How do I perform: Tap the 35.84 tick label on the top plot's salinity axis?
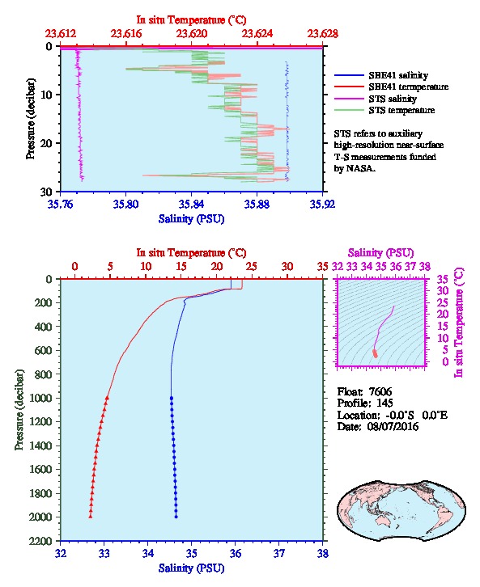click(x=192, y=204)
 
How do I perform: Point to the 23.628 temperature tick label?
click(x=323, y=34)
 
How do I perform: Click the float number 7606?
click(x=380, y=391)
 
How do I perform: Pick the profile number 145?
click(x=384, y=403)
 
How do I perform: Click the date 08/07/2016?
click(x=393, y=426)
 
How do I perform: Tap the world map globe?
click(x=401, y=510)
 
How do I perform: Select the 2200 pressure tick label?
click(x=42, y=541)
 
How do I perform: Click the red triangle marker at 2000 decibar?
click(x=91, y=517)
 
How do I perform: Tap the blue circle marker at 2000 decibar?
click(x=176, y=517)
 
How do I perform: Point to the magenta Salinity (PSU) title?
click(x=381, y=253)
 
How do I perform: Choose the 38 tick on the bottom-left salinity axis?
click(x=323, y=553)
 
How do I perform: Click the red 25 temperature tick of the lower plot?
click(x=252, y=266)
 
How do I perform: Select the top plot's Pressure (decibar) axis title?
click(x=30, y=119)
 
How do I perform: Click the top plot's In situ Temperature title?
click(x=191, y=20)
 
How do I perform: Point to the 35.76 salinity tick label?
click(x=61, y=204)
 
